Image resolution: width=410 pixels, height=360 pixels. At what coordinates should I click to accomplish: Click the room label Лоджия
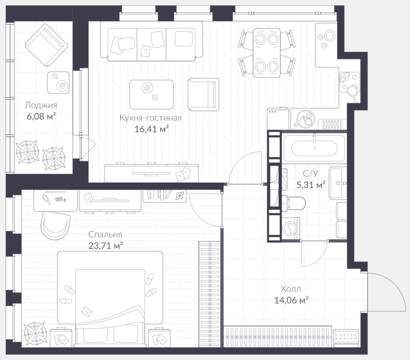41,106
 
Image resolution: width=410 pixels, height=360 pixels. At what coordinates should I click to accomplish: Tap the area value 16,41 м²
151,129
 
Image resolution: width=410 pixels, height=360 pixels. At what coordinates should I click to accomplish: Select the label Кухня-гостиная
151,118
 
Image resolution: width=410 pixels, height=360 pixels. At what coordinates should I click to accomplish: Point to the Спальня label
105,234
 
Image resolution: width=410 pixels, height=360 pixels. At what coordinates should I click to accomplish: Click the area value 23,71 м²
106,246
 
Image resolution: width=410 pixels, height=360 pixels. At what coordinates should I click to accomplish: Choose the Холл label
291,289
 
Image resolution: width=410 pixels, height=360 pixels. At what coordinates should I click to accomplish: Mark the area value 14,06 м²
292,300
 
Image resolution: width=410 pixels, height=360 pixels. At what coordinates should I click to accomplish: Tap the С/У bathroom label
311,174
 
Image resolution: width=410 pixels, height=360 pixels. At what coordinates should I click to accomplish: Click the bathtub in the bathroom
314,148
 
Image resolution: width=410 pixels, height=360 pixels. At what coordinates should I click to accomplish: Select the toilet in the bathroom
293,203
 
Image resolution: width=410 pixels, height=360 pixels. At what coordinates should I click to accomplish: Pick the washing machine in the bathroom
291,228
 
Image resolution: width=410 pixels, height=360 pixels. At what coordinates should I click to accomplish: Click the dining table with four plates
267,53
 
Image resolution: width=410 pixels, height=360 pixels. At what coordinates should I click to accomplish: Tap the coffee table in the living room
151,94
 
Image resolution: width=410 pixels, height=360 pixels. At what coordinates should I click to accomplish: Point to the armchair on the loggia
47,45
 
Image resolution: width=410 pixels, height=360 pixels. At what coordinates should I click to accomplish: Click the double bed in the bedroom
110,299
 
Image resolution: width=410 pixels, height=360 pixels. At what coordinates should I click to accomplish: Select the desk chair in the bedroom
55,226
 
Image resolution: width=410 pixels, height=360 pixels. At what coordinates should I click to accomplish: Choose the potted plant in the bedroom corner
35,334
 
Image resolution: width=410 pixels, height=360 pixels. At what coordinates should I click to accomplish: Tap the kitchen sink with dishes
304,119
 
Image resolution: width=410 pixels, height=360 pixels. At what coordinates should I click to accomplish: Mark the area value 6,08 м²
41,116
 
